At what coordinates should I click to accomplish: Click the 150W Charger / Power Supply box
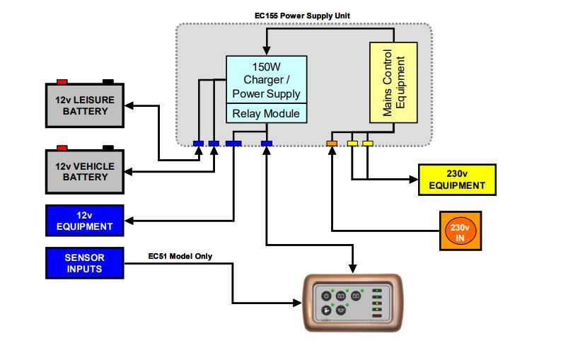266,80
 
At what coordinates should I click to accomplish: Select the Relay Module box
266,113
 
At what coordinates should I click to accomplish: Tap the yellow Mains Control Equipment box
393,82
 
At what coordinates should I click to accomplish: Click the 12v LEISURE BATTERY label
85,105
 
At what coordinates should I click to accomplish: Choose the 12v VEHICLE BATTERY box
85,172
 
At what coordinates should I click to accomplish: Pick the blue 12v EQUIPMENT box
85,221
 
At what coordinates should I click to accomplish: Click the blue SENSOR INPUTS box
85,263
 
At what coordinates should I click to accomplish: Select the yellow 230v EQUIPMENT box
457,180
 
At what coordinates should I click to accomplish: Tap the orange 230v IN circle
460,231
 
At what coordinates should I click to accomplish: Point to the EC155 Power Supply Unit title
302,16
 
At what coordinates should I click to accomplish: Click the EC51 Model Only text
180,256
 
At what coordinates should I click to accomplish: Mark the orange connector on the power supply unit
332,144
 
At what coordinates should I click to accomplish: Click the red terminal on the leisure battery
62,81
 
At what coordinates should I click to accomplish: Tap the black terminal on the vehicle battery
108,148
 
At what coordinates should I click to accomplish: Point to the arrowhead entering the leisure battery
129,106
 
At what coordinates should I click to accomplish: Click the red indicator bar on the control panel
377,316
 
